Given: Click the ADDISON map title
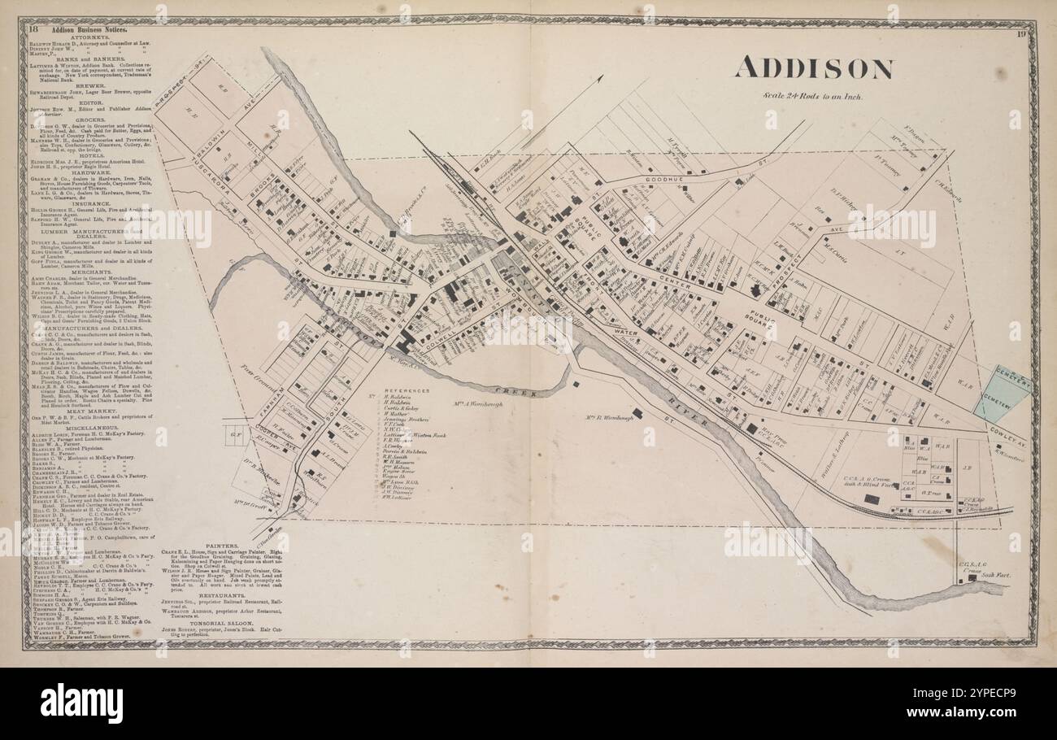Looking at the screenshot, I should (x=814, y=69).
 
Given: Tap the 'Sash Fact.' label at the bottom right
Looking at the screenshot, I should (x=995, y=575).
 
